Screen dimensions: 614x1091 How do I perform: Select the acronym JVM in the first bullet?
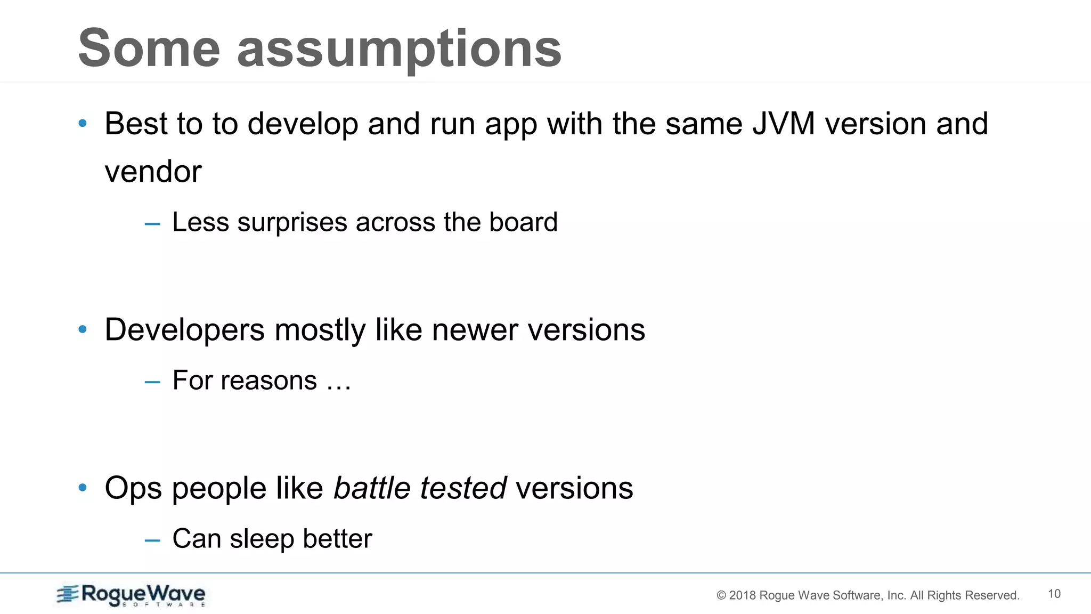coord(783,124)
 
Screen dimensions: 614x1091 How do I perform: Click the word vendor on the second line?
coord(153,172)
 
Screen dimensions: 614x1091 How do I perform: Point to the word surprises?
coord(292,222)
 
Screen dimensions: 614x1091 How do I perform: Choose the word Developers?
coord(184,329)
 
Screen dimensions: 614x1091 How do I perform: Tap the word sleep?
coord(261,538)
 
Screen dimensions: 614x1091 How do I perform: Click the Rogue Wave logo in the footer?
coord(131,595)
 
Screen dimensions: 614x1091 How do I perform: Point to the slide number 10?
coord(1054,594)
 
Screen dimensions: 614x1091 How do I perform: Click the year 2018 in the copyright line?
coord(742,595)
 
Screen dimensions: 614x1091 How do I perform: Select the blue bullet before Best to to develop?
coord(83,124)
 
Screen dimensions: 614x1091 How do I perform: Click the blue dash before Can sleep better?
coord(152,540)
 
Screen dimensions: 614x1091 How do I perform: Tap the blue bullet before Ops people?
coord(83,488)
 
